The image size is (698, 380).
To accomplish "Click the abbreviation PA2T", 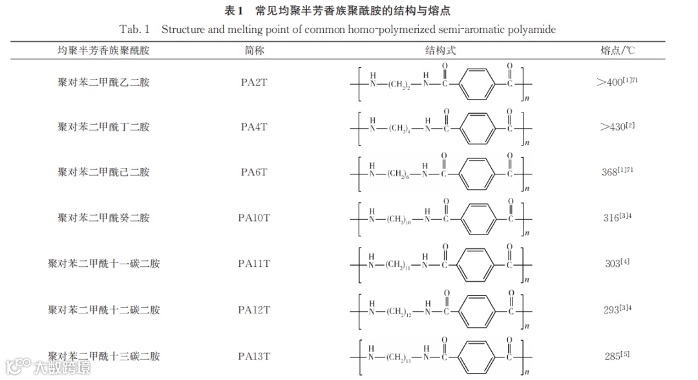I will (254, 81).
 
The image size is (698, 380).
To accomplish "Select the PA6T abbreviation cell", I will (254, 172).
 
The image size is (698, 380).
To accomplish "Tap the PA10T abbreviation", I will (254, 217).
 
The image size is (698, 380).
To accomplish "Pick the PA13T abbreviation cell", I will (254, 356).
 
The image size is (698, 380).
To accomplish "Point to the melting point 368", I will (610, 173).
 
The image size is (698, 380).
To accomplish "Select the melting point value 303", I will (611, 264).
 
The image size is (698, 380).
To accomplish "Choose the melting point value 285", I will (611, 356).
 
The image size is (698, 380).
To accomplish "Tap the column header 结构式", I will (440, 50).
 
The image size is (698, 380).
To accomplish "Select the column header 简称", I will (255, 50).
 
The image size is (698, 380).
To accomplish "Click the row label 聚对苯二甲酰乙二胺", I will (103, 81).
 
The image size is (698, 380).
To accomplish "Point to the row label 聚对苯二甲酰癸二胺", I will (103, 217).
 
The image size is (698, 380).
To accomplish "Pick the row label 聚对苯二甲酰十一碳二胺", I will (103, 264).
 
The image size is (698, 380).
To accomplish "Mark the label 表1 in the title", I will (233, 11).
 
